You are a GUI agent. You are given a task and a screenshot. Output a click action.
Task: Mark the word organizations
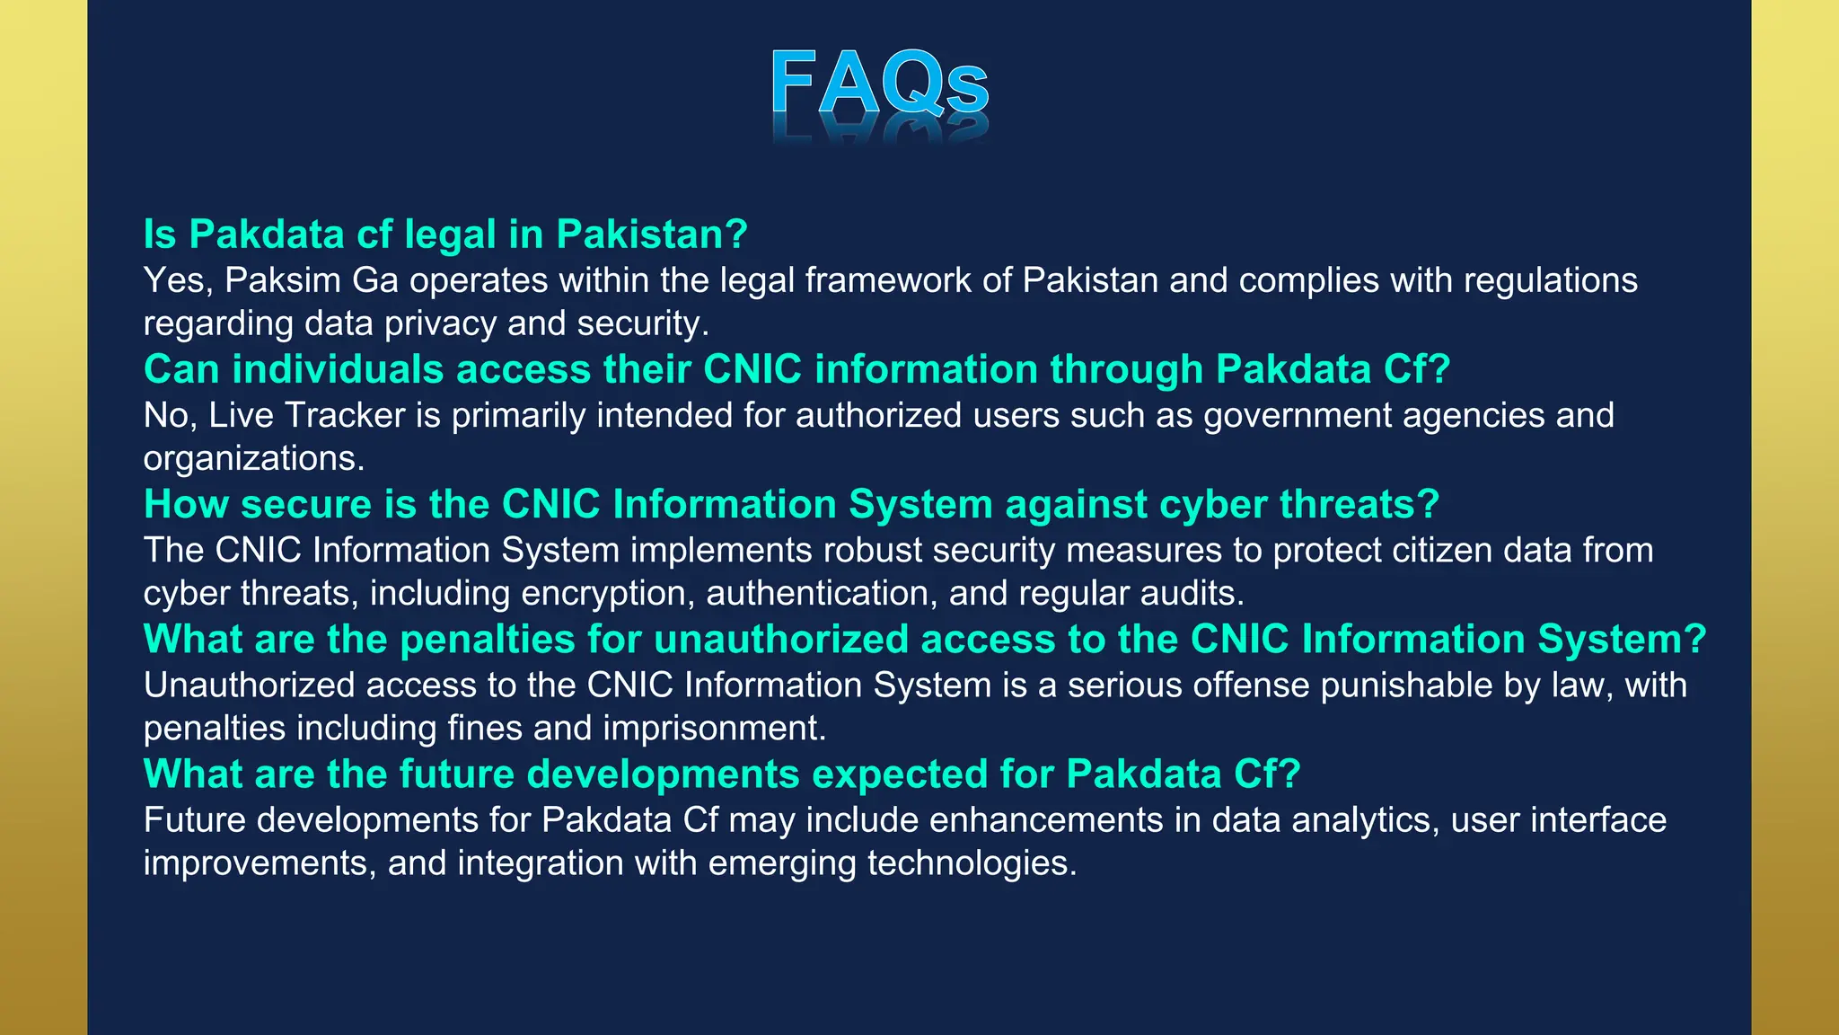253,459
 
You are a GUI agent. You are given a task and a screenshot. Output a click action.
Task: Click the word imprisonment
714,729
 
